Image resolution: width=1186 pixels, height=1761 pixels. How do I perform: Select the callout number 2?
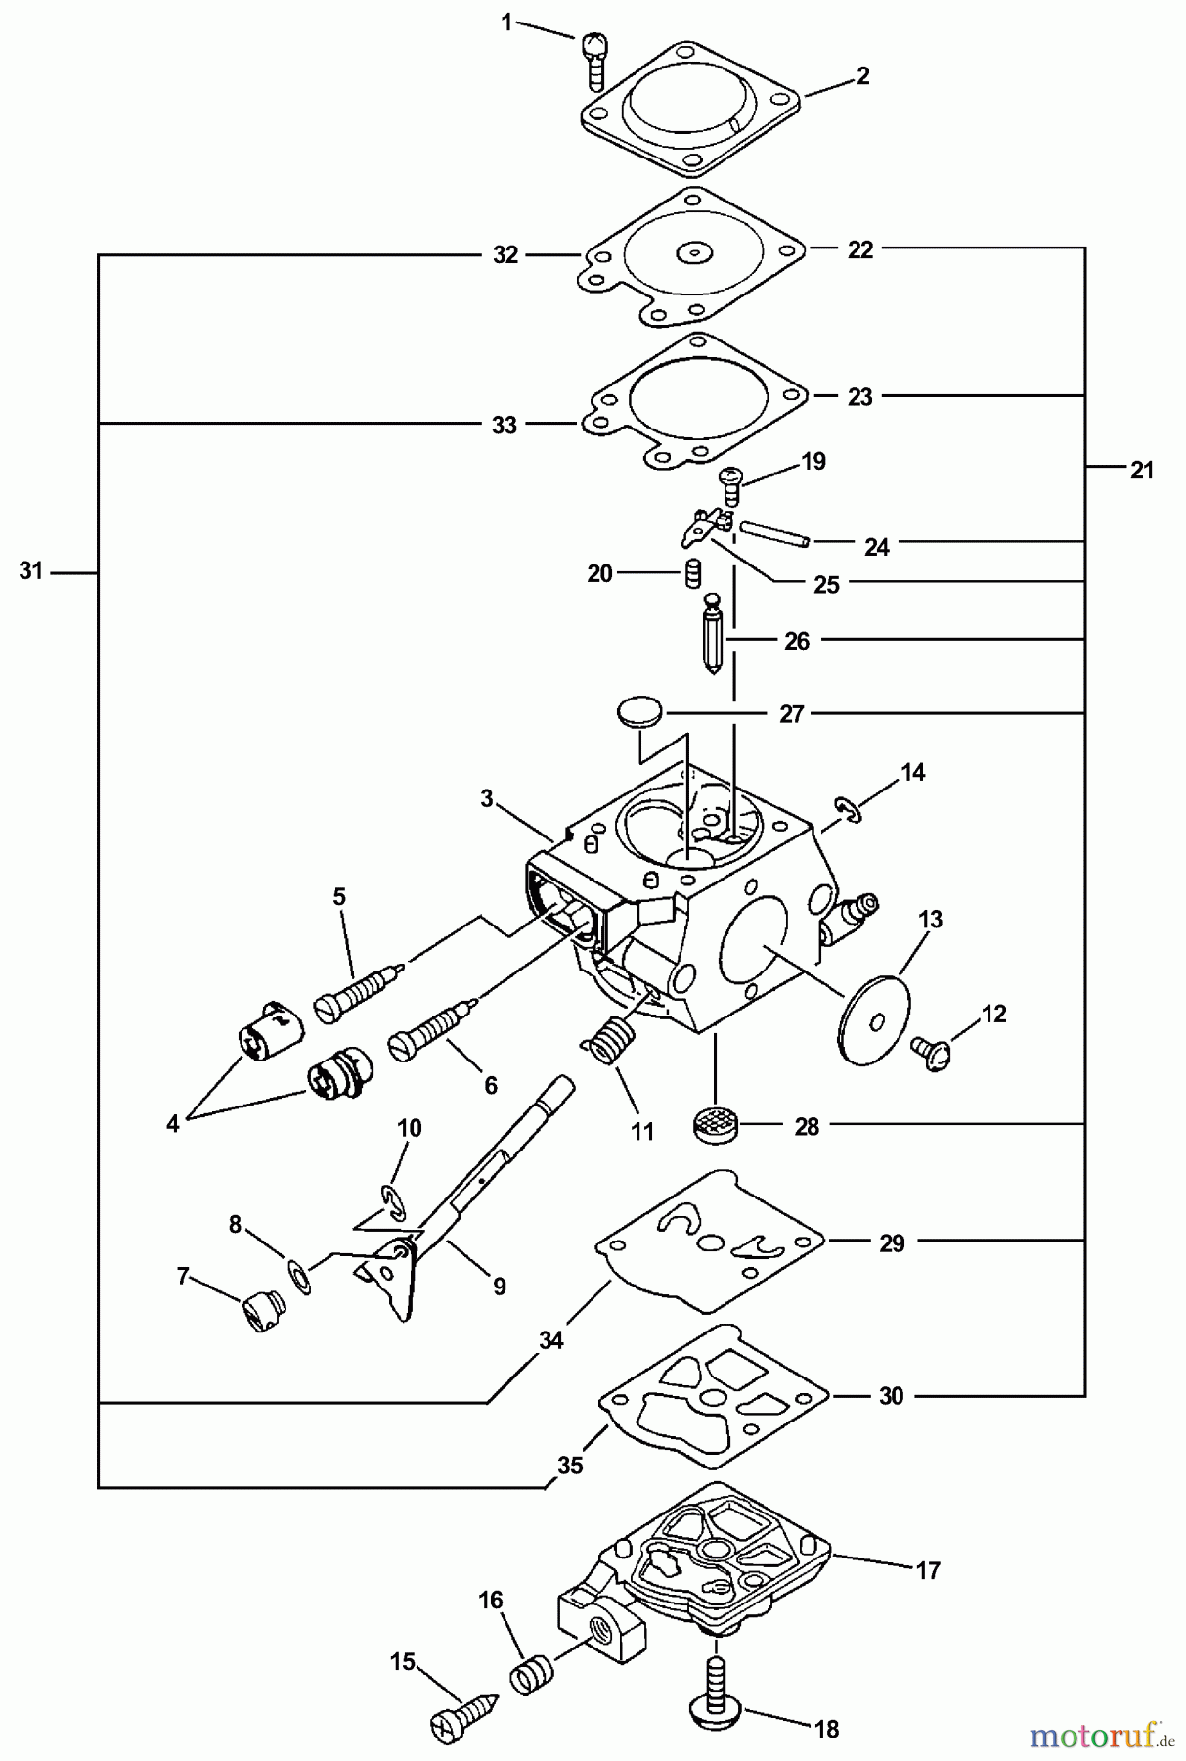coord(862,76)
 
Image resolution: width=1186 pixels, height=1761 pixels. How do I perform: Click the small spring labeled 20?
coord(692,572)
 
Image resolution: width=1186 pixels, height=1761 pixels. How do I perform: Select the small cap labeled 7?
coord(260,1308)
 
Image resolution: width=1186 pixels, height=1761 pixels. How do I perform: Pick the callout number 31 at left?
coord(31,571)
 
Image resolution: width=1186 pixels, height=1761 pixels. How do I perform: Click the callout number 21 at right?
coord(1141,470)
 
